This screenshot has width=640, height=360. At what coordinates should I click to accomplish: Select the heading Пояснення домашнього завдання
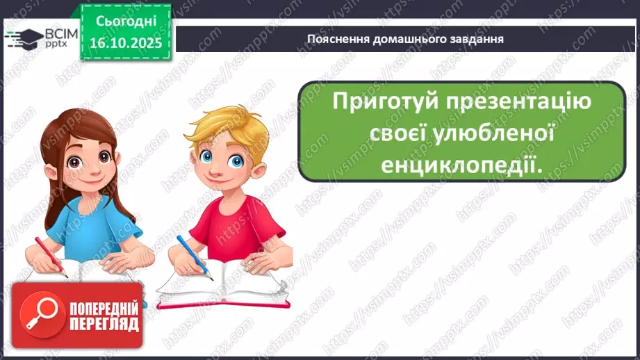pos(405,38)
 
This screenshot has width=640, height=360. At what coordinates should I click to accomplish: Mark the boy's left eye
pos(236,162)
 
